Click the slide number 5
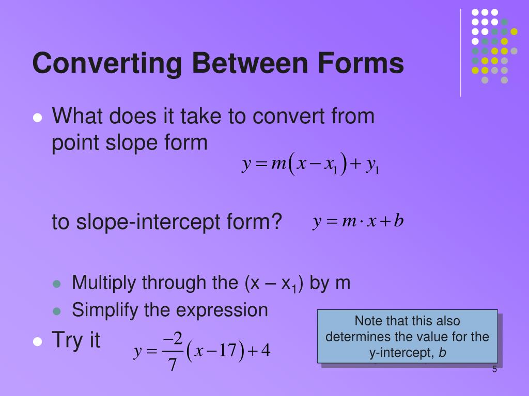click(494, 369)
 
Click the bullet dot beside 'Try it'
click(37, 341)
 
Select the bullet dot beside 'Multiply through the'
click(58, 284)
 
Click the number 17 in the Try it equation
click(227, 351)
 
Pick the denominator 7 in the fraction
click(173, 365)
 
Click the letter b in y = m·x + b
click(398, 221)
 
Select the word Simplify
click(105, 310)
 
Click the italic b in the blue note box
click(442, 353)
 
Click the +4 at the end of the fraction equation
click(261, 351)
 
